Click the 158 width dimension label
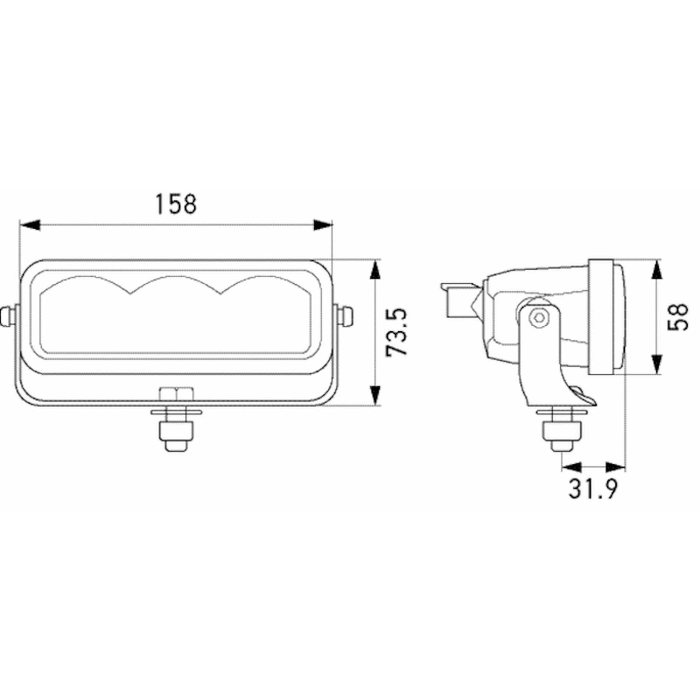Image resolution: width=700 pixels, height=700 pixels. pos(176,204)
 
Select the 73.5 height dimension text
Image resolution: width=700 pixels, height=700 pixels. pos(397,332)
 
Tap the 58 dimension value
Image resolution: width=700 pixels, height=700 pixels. pos(678,317)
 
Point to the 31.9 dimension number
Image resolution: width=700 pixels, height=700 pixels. pos(593,489)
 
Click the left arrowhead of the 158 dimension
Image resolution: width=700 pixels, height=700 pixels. pos(29,225)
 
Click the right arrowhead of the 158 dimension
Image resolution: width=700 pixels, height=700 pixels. pos(323,225)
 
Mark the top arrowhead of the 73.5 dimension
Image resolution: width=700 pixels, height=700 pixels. pos(376,270)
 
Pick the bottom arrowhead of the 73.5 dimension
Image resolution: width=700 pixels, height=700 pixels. pos(376,395)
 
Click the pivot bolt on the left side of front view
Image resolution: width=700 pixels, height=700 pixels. pos(9,316)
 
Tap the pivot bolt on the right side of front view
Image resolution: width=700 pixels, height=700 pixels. pos(345,316)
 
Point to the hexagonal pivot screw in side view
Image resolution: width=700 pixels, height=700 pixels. pos(540,317)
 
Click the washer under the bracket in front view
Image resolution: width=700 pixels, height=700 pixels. pos(176,412)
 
